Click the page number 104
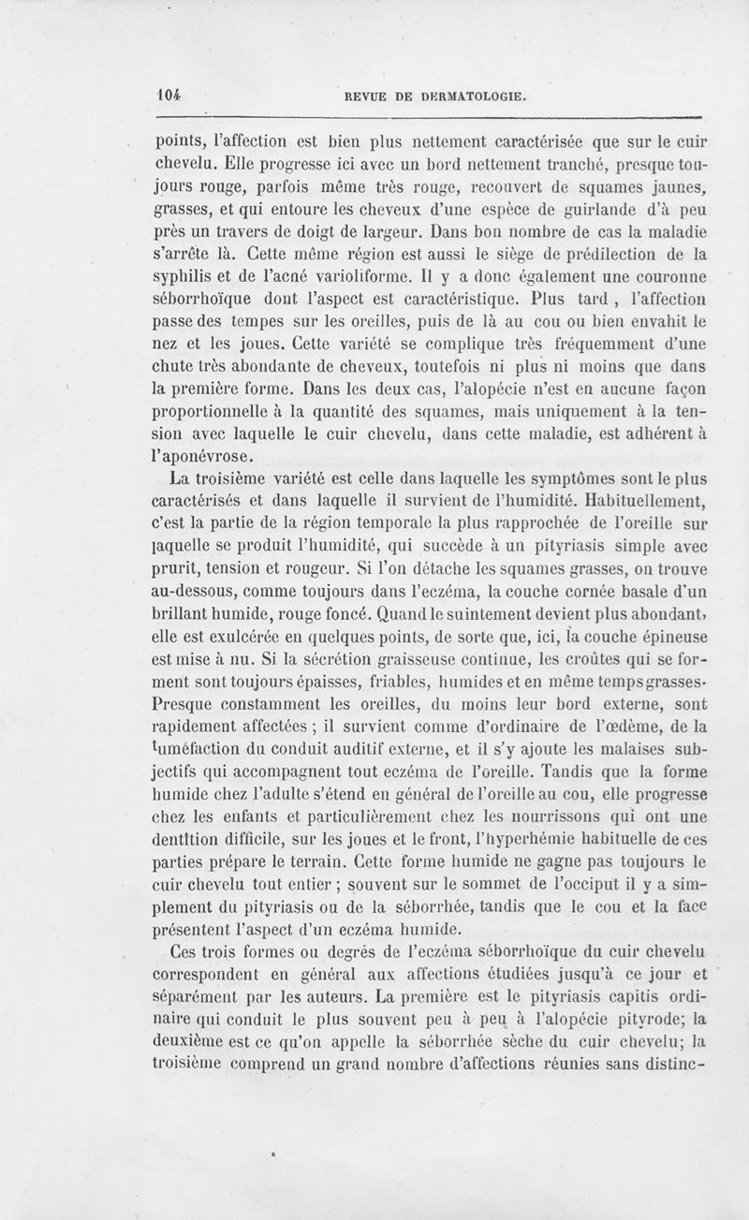tap(168, 94)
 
